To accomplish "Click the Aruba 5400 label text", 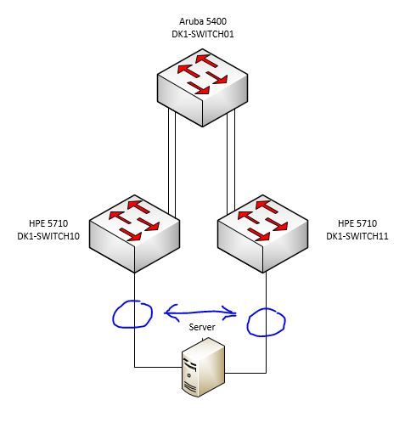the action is point(203,21).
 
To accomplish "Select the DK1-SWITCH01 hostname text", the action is point(203,34).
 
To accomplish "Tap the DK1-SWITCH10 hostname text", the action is point(48,236).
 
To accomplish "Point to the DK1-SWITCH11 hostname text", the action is point(357,236).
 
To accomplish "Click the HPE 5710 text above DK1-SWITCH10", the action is point(48,223).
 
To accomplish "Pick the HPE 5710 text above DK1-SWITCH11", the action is point(357,223).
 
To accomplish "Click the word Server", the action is point(202,327).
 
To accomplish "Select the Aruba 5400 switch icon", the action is point(202,87).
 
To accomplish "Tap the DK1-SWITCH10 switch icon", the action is point(135,234).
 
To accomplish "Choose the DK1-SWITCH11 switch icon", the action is point(263,234).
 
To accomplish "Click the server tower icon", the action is point(203,367).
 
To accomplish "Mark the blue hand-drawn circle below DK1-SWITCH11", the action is point(248,323).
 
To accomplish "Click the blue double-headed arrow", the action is point(200,313).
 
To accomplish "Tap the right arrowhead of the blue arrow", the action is point(230,313).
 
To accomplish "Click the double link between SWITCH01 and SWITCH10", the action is point(171,163).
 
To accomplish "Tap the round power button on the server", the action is point(188,375).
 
